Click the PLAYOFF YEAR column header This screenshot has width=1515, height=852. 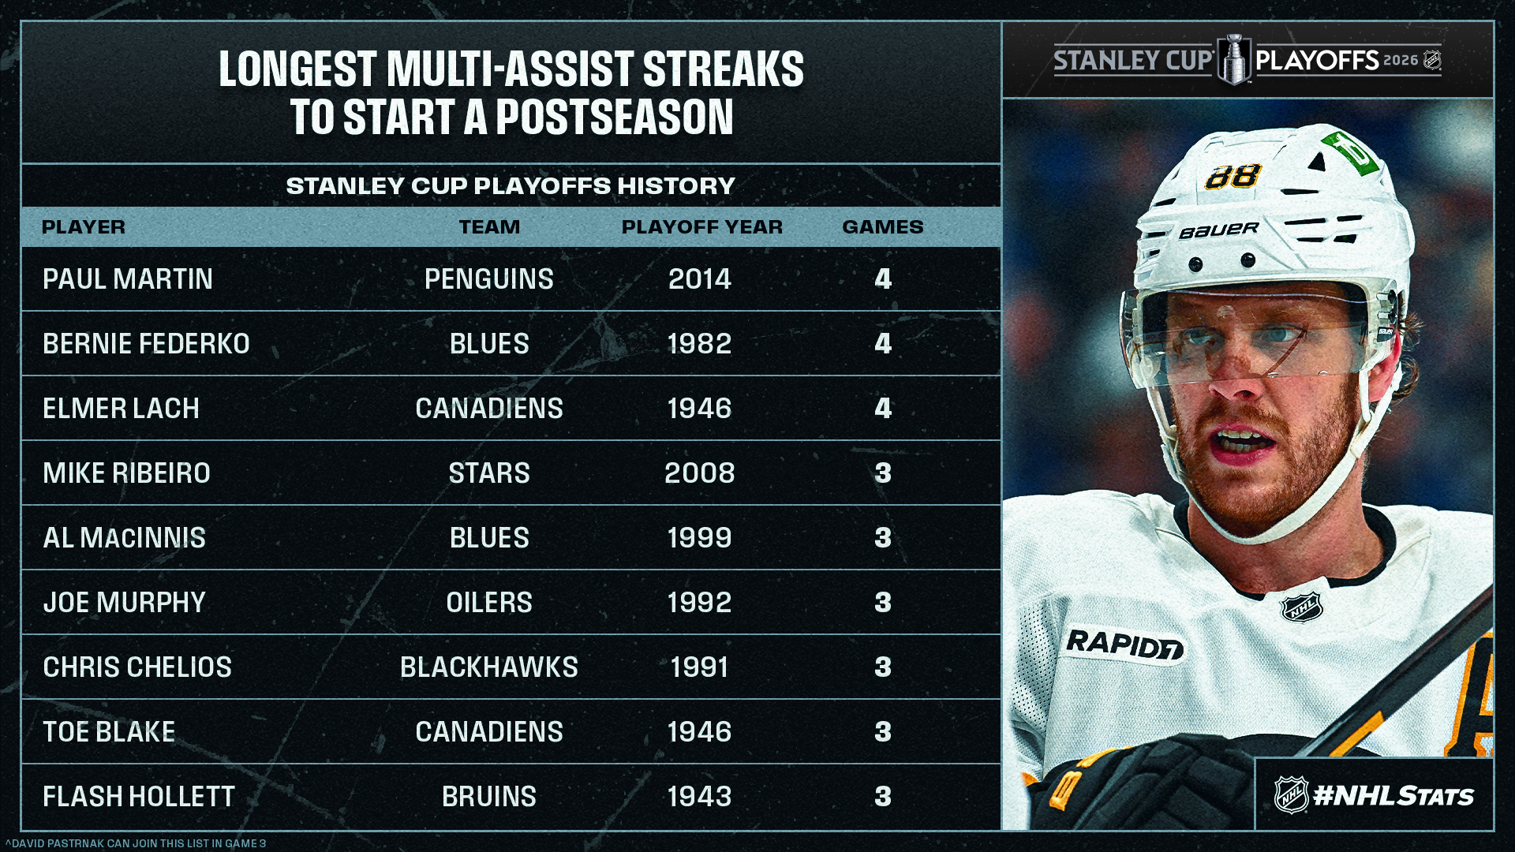701,227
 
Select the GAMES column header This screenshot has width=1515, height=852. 882,227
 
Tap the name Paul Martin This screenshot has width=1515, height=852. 128,279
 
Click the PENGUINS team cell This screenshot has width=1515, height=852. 489,279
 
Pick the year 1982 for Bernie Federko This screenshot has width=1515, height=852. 699,344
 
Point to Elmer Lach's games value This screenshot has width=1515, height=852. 883,409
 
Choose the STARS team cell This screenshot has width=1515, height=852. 489,473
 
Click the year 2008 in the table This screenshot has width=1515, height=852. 699,473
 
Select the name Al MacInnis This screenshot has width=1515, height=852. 124,538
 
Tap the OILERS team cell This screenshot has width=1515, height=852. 489,603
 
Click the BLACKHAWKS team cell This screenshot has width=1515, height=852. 489,667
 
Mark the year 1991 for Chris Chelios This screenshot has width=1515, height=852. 699,667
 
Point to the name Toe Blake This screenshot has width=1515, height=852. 109,732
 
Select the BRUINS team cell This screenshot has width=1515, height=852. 489,797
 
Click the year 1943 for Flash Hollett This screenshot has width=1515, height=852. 699,797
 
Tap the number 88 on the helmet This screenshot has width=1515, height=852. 1233,176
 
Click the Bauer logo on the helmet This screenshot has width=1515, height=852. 1219,230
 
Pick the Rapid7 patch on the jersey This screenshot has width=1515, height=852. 1124,644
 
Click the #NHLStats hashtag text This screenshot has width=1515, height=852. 1393,796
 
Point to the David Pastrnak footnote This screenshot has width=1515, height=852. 136,843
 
